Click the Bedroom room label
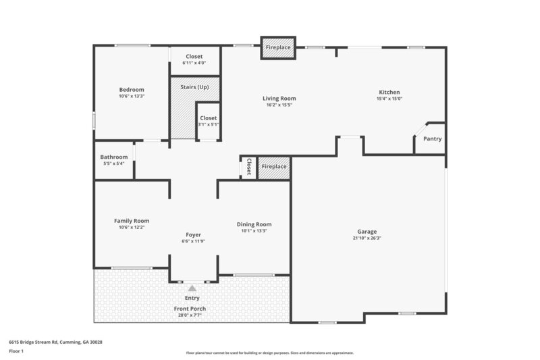pyautogui.click(x=132, y=90)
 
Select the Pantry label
pyautogui.click(x=432, y=139)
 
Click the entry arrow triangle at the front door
pyautogui.click(x=192, y=288)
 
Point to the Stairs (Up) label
pyautogui.click(x=194, y=88)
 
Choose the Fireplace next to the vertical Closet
pyautogui.click(x=274, y=167)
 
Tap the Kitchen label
pyautogui.click(x=389, y=92)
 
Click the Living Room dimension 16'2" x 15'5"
pyautogui.click(x=279, y=105)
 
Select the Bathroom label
pyautogui.click(x=114, y=157)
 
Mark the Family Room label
pyautogui.click(x=132, y=221)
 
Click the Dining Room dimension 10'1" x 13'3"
pyautogui.click(x=254, y=231)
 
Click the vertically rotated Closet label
pyautogui.click(x=248, y=167)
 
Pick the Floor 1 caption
pyautogui.click(x=17, y=351)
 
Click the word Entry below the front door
pyautogui.click(x=192, y=298)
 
